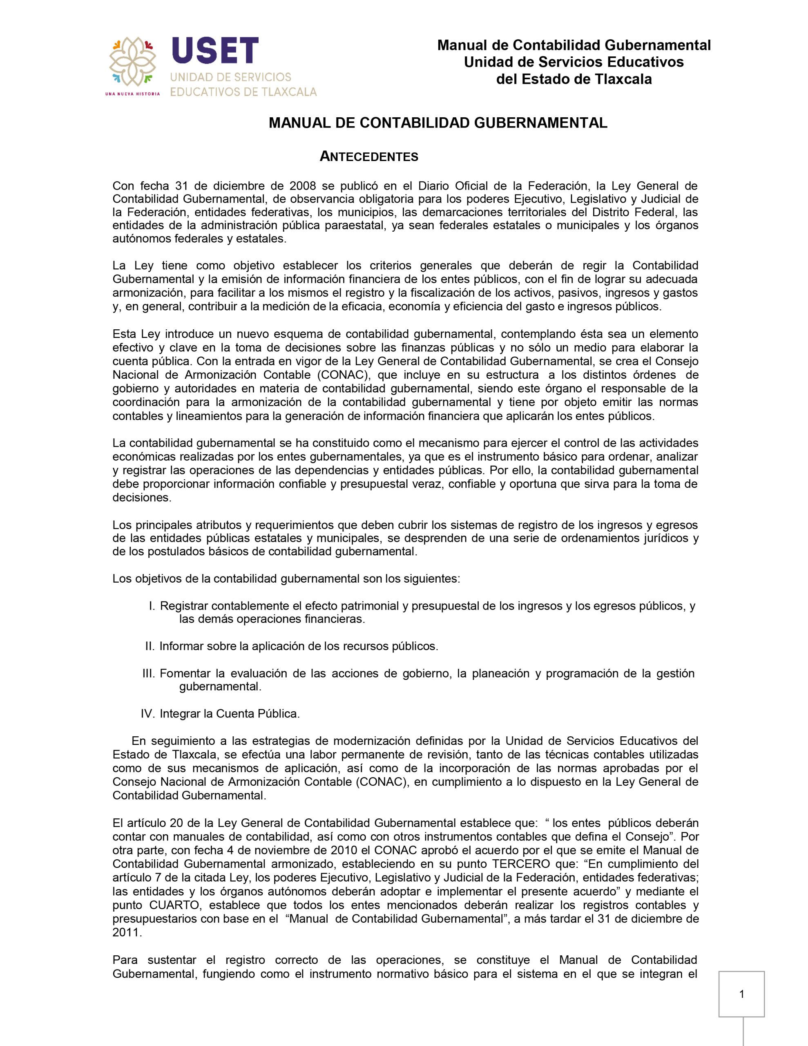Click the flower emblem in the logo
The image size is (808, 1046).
[133, 61]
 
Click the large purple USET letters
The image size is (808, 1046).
[215, 50]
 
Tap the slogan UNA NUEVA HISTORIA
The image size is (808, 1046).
[132, 94]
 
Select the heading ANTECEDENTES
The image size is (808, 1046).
[369, 156]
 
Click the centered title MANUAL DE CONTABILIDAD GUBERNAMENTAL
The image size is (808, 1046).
[438, 123]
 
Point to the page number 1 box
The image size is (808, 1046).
[741, 994]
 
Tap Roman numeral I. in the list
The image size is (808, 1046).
[152, 606]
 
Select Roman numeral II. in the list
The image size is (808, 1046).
[150, 646]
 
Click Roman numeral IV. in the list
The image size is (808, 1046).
[147, 714]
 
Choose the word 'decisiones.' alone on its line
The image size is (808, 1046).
[142, 497]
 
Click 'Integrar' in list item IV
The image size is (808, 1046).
[180, 714]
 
